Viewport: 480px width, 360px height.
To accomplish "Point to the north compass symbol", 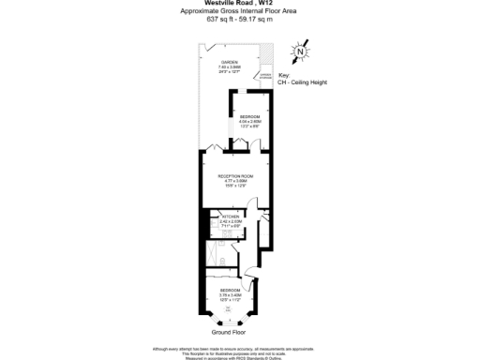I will tap(299, 52).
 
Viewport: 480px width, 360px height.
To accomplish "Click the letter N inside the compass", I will tap(299, 52).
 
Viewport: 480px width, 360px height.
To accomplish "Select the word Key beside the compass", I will tap(284, 75).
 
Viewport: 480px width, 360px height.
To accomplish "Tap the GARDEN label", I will tap(229, 62).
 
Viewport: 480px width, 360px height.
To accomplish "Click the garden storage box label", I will tap(265, 77).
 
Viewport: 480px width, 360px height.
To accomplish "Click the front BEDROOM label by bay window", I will tap(231, 291).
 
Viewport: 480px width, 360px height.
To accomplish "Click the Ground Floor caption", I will tap(230, 331).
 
